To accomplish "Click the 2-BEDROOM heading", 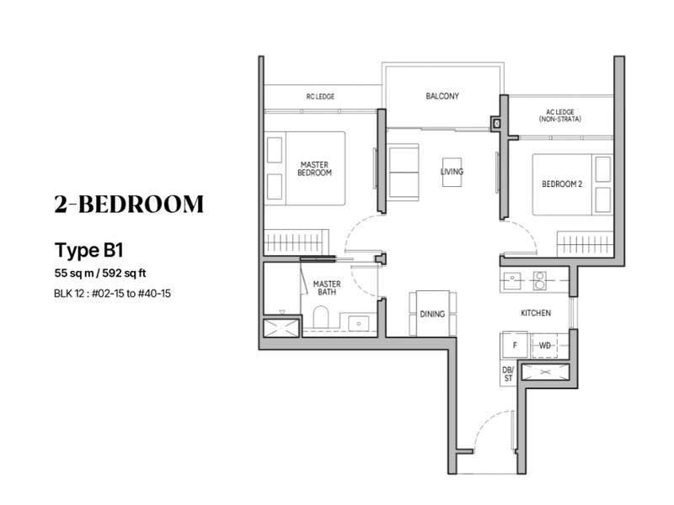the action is tap(129, 204).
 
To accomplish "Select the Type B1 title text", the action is tap(89, 250).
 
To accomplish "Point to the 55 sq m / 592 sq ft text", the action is tap(100, 273).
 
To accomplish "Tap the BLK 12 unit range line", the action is tap(112, 294).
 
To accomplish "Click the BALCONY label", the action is tap(442, 96).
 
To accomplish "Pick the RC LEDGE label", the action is tap(320, 97).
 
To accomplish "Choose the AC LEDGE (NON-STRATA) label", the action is tap(560, 115).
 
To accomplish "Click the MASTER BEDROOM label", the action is tap(314, 169).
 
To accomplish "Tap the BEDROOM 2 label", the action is tap(562, 184).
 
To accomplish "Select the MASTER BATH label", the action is tap(327, 288).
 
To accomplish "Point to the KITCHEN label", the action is tap(536, 313).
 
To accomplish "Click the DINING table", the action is tap(432, 313).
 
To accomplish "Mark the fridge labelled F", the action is tap(514, 344).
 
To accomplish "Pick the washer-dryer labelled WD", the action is tap(544, 345).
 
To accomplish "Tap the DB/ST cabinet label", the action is tap(508, 374).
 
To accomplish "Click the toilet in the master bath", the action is tap(321, 316).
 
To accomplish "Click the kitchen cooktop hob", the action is tap(540, 280).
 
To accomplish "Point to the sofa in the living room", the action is tap(404, 173).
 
